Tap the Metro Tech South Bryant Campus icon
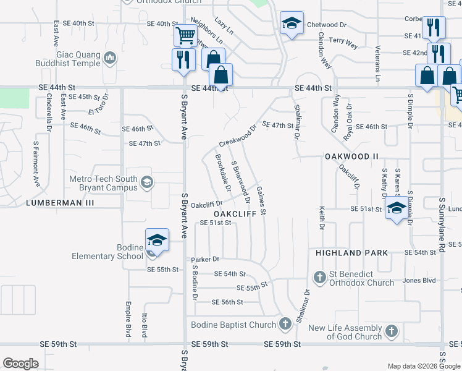coord(147,182)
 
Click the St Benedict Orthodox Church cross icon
coord(320,276)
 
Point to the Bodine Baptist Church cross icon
coord(285,323)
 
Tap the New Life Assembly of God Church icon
coord(390,331)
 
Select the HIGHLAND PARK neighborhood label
coord(351,253)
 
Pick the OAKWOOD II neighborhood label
coord(351,157)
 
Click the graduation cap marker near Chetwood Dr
coord(291,24)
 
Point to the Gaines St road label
coord(261,201)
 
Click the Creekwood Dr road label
coord(237,138)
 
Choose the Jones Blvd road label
coord(419,280)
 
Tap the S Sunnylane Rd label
coord(442,217)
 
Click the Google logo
coord(20,364)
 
